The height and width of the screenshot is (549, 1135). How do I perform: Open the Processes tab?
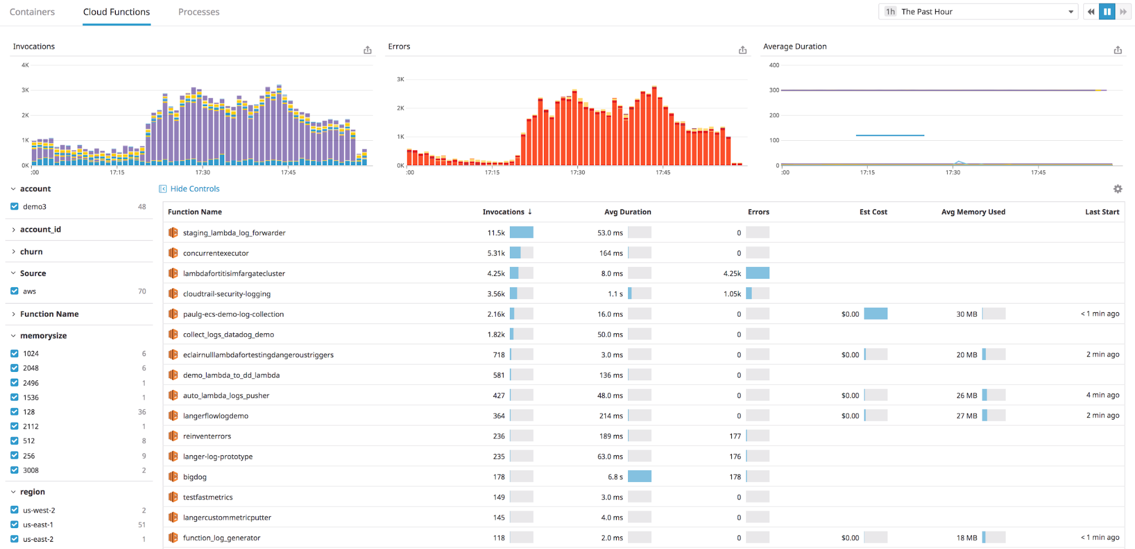[199, 12]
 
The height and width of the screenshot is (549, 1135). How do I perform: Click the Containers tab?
[32, 12]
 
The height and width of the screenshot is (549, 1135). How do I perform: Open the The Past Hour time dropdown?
[978, 12]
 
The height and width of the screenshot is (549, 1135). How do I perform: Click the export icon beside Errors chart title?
[743, 50]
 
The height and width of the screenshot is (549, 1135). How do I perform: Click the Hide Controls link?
[195, 189]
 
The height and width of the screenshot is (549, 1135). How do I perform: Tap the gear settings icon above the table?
[1117, 189]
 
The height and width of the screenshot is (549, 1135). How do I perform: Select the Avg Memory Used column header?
[973, 212]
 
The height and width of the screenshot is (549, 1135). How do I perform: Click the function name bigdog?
[195, 477]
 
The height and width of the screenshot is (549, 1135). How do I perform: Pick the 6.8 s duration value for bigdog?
[615, 477]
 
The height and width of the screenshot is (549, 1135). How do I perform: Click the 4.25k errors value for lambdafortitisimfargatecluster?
[732, 274]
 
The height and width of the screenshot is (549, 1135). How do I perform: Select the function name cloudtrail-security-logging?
[227, 294]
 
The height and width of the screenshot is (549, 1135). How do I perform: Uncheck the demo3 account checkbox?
[15, 207]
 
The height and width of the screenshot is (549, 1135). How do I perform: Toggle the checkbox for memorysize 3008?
[15, 470]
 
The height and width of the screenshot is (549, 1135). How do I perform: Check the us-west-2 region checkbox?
[15, 510]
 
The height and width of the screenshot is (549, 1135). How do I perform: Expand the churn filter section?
[31, 252]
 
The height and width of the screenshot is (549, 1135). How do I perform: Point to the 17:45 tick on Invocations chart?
[288, 172]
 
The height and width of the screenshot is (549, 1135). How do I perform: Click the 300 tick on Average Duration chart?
[774, 90]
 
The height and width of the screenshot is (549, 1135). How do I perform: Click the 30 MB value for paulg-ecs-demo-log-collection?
[966, 315]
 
